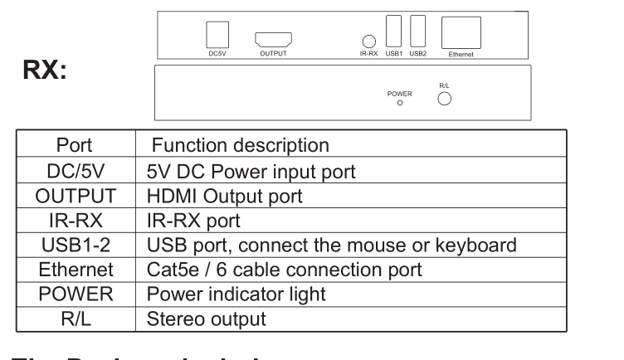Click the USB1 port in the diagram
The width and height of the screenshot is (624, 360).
pyautogui.click(x=394, y=32)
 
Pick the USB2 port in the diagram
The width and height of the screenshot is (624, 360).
pyautogui.click(x=418, y=32)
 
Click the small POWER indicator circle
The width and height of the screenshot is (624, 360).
pyautogui.click(x=400, y=104)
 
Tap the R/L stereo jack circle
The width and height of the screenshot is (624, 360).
pyautogui.click(x=444, y=99)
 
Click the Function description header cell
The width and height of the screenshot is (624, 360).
pyautogui.click(x=240, y=145)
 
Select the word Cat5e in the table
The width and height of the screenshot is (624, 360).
pyautogui.click(x=169, y=270)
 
